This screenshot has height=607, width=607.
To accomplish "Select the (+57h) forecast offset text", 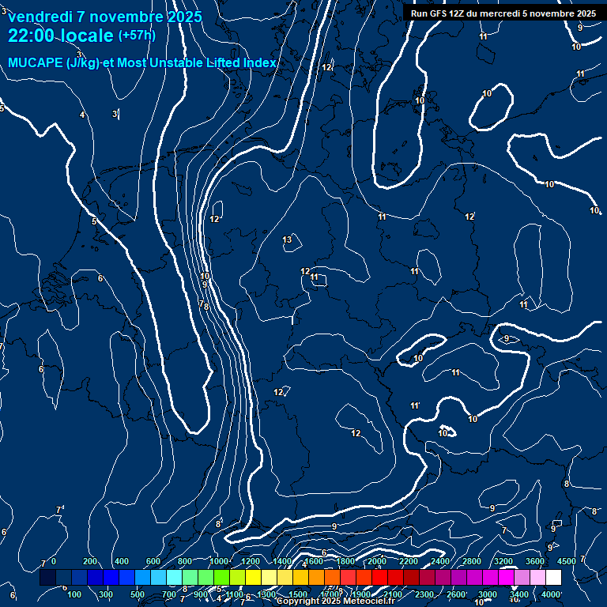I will point(137,35).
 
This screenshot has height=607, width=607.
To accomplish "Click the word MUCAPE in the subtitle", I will point(36,62).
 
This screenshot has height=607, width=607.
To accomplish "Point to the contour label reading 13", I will point(288,239).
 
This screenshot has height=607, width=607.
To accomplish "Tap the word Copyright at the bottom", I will point(298,601).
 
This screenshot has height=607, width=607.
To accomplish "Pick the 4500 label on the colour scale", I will point(567,561).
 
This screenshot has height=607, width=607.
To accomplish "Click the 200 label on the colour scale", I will point(90,561).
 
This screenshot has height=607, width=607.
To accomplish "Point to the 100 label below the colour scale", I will point(75,594).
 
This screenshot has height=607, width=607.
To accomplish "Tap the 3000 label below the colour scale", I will point(488,594).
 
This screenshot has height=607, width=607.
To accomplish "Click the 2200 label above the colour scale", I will point(409,561).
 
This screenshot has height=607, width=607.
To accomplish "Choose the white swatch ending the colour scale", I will point(553,578).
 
